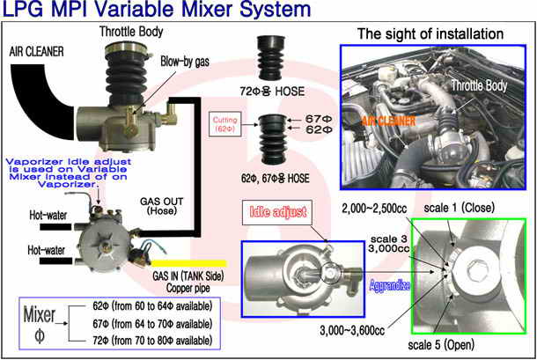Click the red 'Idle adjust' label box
click(277, 212)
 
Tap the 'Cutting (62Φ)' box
click(224, 125)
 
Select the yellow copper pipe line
click(188, 263)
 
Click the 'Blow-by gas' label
click(185, 62)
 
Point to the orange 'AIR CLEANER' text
click(389, 121)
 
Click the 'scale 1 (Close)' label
click(460, 208)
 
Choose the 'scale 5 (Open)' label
click(441, 344)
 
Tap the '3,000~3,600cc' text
click(352, 331)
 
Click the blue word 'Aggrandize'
click(390, 285)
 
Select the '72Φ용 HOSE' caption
click(272, 92)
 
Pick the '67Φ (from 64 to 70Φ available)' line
click(152, 324)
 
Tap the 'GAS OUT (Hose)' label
click(162, 206)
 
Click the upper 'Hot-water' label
click(48, 215)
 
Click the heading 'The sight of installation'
click(430, 34)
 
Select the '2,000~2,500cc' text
click(374, 209)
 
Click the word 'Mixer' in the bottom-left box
click(40, 315)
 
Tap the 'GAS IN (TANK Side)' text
click(188, 276)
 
